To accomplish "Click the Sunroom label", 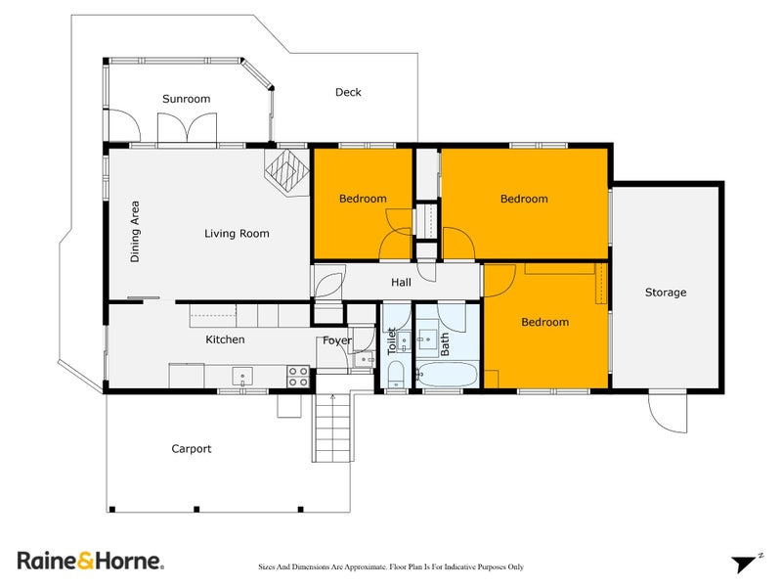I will click(186, 99).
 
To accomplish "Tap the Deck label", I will click(348, 93).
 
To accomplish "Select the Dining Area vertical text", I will click(135, 232).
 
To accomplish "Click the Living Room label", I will click(237, 234).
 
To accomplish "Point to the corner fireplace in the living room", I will click(285, 172).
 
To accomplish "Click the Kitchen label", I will click(224, 339).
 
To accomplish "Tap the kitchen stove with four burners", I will click(298, 377).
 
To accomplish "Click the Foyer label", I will click(337, 340).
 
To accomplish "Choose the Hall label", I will click(401, 283).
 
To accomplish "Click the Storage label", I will click(666, 293).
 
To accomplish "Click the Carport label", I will click(192, 449).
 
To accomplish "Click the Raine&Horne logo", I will click(90, 561).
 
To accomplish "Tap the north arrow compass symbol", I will click(746, 563).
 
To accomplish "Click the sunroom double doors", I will click(186, 129).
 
